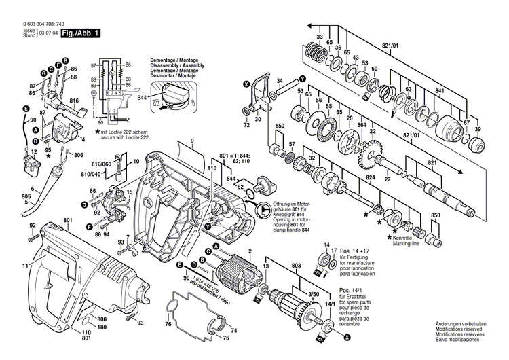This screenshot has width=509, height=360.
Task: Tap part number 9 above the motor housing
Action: click(x=192, y=141)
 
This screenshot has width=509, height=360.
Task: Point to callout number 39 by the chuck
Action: click(x=478, y=130)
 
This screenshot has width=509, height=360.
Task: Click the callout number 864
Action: click(x=362, y=125)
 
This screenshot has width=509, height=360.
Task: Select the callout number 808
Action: click(x=101, y=319)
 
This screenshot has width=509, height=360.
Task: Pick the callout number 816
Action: click(x=75, y=100)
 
